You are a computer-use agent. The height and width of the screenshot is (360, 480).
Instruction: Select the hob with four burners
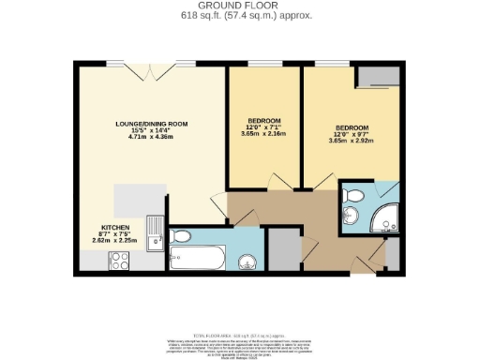pyautogui.click(x=121, y=259)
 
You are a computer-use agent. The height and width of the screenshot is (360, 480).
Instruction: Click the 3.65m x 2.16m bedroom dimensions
pyautogui.click(x=264, y=135)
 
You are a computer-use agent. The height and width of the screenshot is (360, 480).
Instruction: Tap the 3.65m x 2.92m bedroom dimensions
pyautogui.click(x=352, y=140)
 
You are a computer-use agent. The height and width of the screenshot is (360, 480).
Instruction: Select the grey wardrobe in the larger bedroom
pyautogui.click(x=375, y=77)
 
